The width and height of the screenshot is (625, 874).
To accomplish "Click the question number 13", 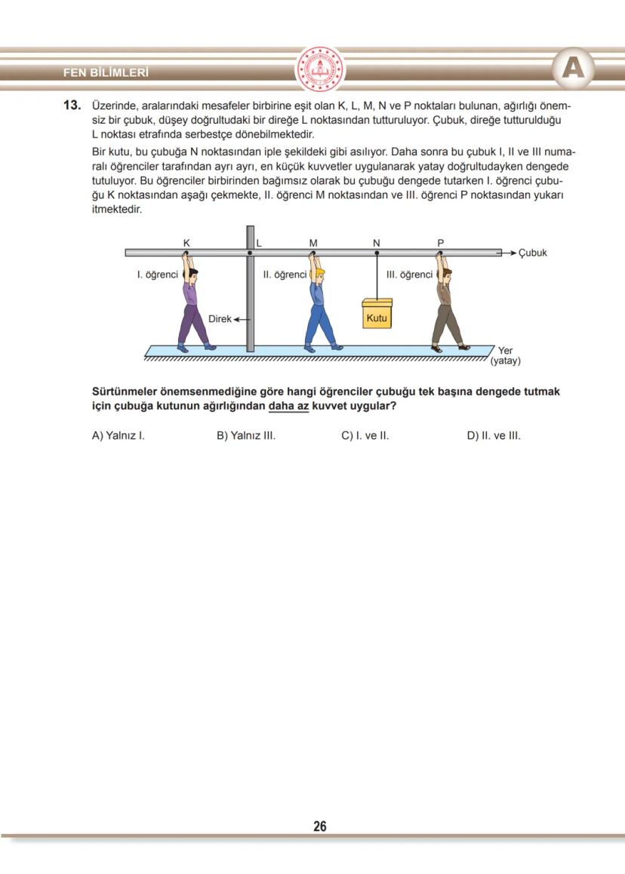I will [x=72, y=106].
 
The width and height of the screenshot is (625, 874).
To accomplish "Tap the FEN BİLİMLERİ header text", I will [x=106, y=73].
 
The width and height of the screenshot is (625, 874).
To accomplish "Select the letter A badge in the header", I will [x=573, y=69].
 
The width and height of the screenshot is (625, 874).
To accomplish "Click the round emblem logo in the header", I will [x=319, y=70].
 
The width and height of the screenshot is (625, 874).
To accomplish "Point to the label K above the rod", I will [x=186, y=242].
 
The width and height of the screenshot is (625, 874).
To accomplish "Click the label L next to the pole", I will [x=258, y=243].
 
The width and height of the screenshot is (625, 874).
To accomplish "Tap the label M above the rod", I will [x=313, y=242].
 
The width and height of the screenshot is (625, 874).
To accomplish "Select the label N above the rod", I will [x=377, y=242].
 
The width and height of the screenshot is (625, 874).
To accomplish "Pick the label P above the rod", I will [x=441, y=242].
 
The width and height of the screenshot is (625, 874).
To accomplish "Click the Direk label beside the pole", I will [x=220, y=319].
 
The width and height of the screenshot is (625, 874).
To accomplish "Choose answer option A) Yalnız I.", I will [x=118, y=435].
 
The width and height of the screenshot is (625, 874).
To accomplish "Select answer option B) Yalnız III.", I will [x=245, y=435].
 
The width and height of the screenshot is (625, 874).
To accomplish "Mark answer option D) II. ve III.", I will [x=494, y=435].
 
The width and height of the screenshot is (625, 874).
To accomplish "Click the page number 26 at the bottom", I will [x=320, y=826].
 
